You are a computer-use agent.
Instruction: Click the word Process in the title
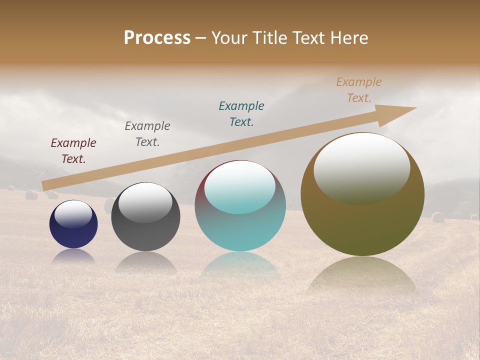coord(157,38)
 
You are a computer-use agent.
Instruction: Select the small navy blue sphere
coord(73,232)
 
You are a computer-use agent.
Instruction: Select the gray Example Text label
coord(147,134)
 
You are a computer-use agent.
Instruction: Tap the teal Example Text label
coord(241,114)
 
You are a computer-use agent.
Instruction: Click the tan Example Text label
coord(359,90)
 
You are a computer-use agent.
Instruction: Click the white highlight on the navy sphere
coord(73,214)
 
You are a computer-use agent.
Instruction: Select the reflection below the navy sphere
coord(73,256)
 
